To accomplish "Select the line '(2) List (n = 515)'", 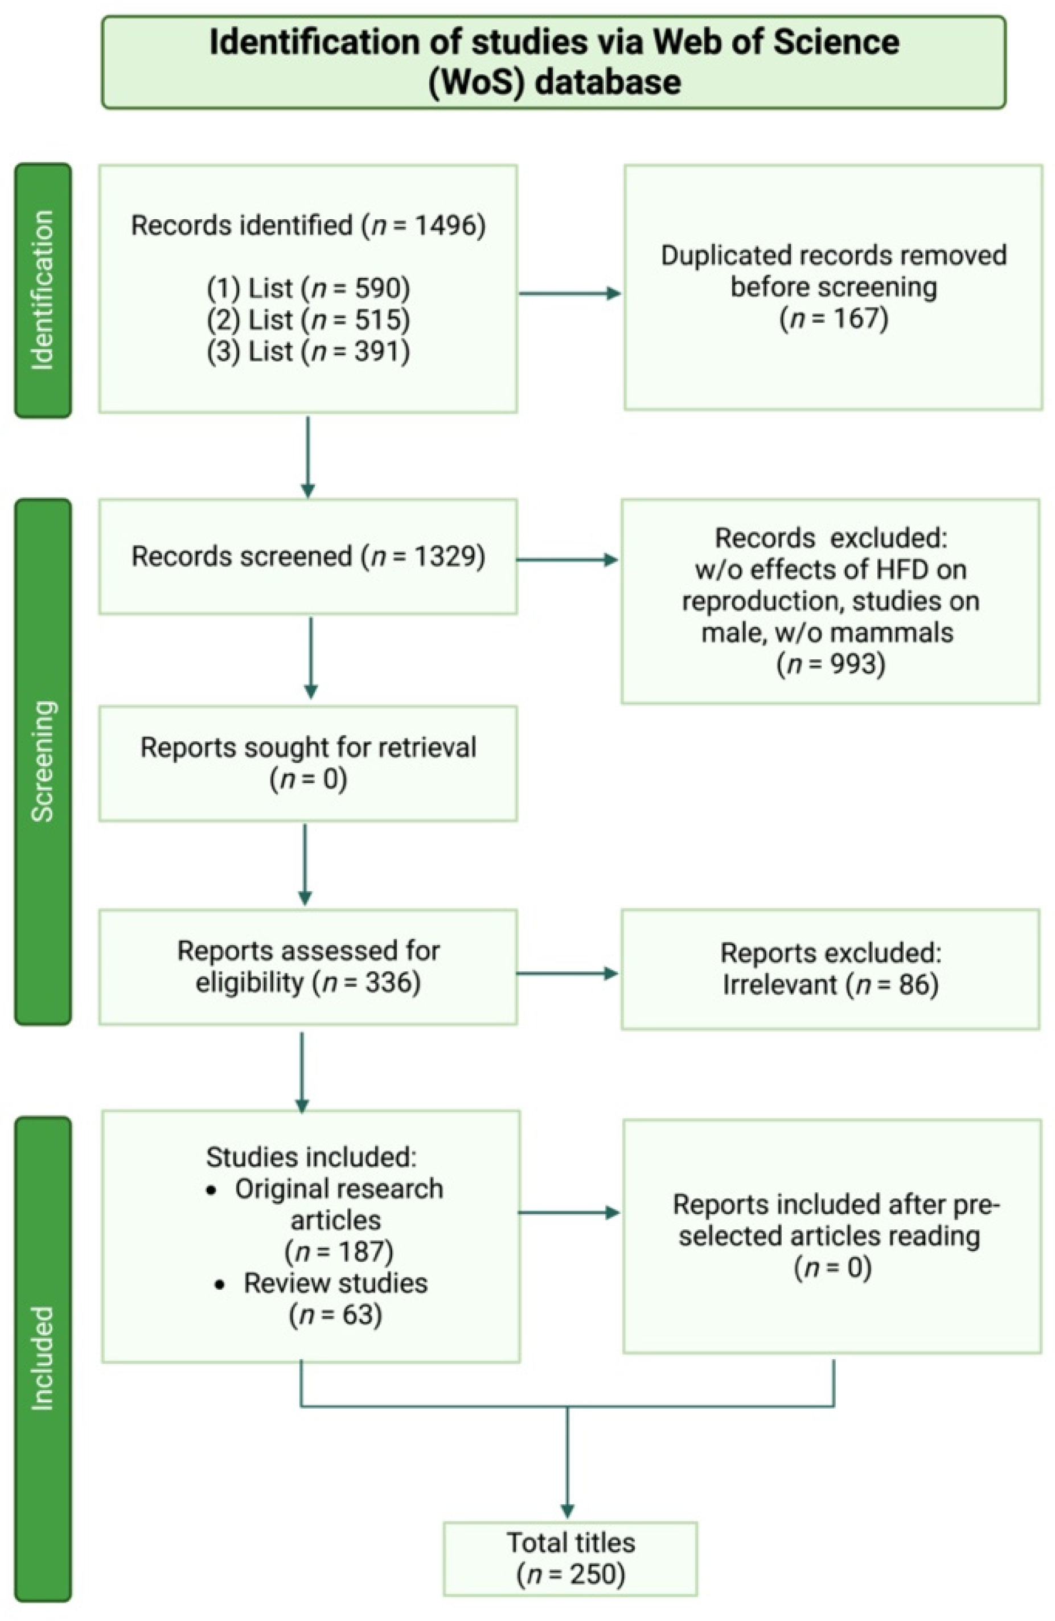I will pos(309,319).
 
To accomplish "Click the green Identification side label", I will pos(42,290).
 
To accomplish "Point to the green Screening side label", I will pos(42,761).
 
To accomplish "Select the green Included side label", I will pos(42,1358).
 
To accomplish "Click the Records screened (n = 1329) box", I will pos(308,556).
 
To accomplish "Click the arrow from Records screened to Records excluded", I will pos(567,560).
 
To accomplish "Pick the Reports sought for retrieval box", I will pos(308,763).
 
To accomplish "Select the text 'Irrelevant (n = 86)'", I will pos(830,984).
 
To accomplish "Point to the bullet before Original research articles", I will pos(212,1190).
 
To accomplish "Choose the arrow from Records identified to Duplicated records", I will pos(569,294).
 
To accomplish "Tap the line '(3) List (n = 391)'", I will pos(309,351).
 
